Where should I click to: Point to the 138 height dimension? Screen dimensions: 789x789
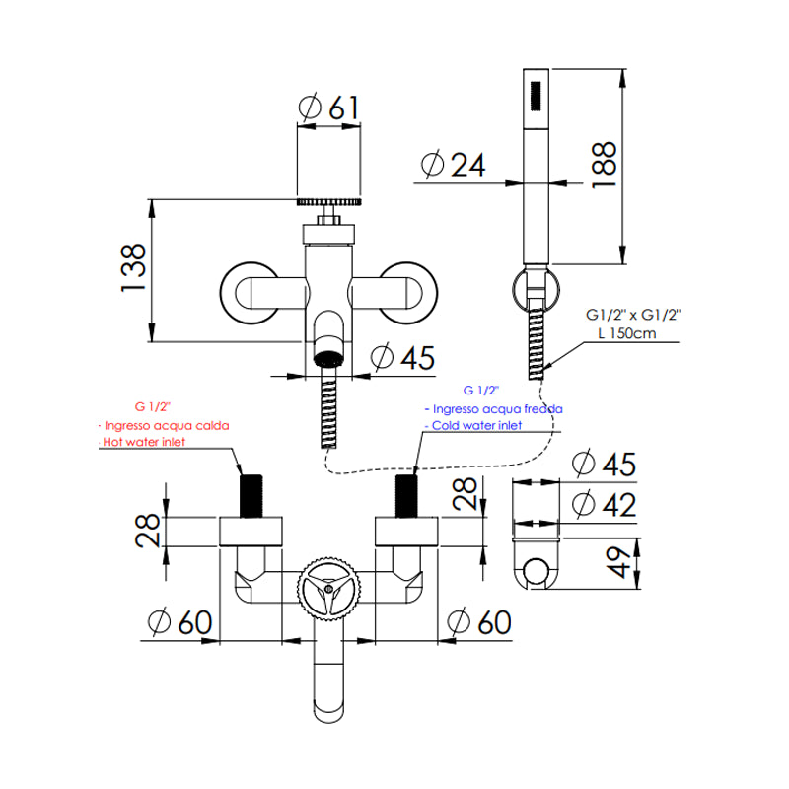(x=135, y=267)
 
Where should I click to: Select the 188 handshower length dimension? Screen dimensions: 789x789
(x=604, y=165)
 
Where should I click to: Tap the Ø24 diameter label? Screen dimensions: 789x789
(x=454, y=166)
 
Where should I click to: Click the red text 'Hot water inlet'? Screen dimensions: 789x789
(x=144, y=443)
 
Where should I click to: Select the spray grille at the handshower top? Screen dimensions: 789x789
(x=537, y=94)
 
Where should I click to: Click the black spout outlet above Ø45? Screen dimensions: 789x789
(x=329, y=356)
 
